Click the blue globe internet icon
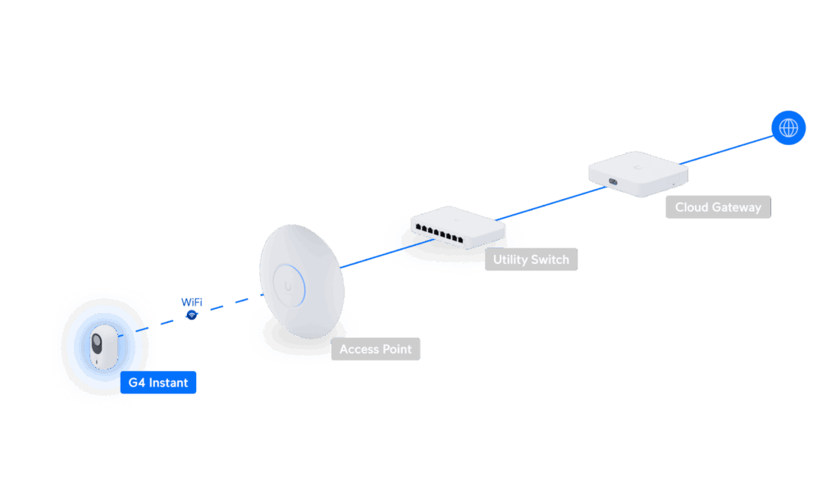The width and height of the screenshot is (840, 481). pyautogui.click(x=788, y=128)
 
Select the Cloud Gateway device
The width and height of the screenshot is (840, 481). pyautogui.click(x=637, y=172)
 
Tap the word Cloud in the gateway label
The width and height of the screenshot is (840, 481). pyautogui.click(x=691, y=207)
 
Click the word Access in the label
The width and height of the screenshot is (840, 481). pyautogui.click(x=358, y=349)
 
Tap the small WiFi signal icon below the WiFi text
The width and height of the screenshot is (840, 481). pyautogui.click(x=192, y=314)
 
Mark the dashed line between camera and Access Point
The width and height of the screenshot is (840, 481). pyautogui.click(x=221, y=306)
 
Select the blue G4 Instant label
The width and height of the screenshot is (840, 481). pyautogui.click(x=158, y=383)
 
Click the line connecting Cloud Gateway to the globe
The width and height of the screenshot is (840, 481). pyautogui.click(x=726, y=148)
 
